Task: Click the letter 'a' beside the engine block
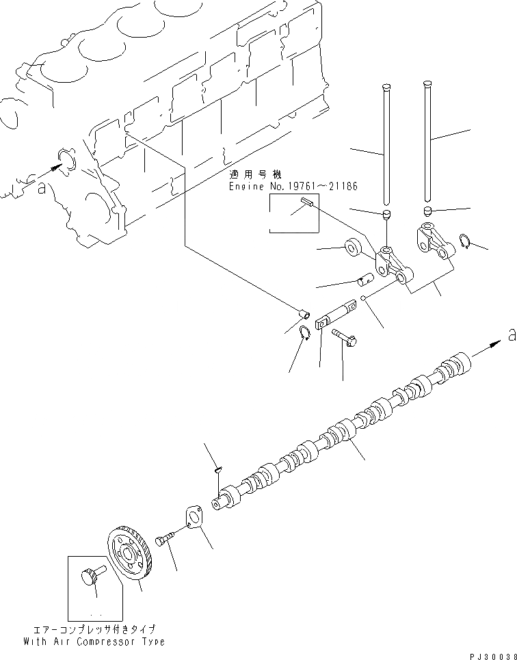(42, 188)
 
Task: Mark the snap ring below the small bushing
(306, 332)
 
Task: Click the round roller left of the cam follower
(354, 247)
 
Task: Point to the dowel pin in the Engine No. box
(306, 201)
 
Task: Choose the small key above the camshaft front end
(216, 469)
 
